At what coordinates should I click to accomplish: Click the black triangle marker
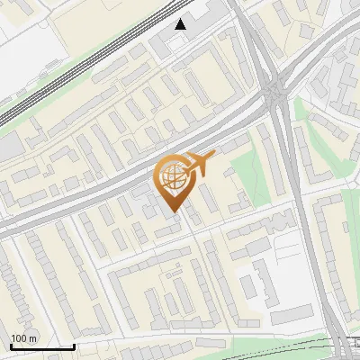tap(183, 24)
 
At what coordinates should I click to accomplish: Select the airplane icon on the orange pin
tap(200, 165)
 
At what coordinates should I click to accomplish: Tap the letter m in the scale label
tap(33, 338)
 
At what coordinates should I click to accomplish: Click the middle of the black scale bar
tap(42, 346)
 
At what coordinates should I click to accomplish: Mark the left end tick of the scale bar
tap(11, 346)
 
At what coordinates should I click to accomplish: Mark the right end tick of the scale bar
tap(74, 346)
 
